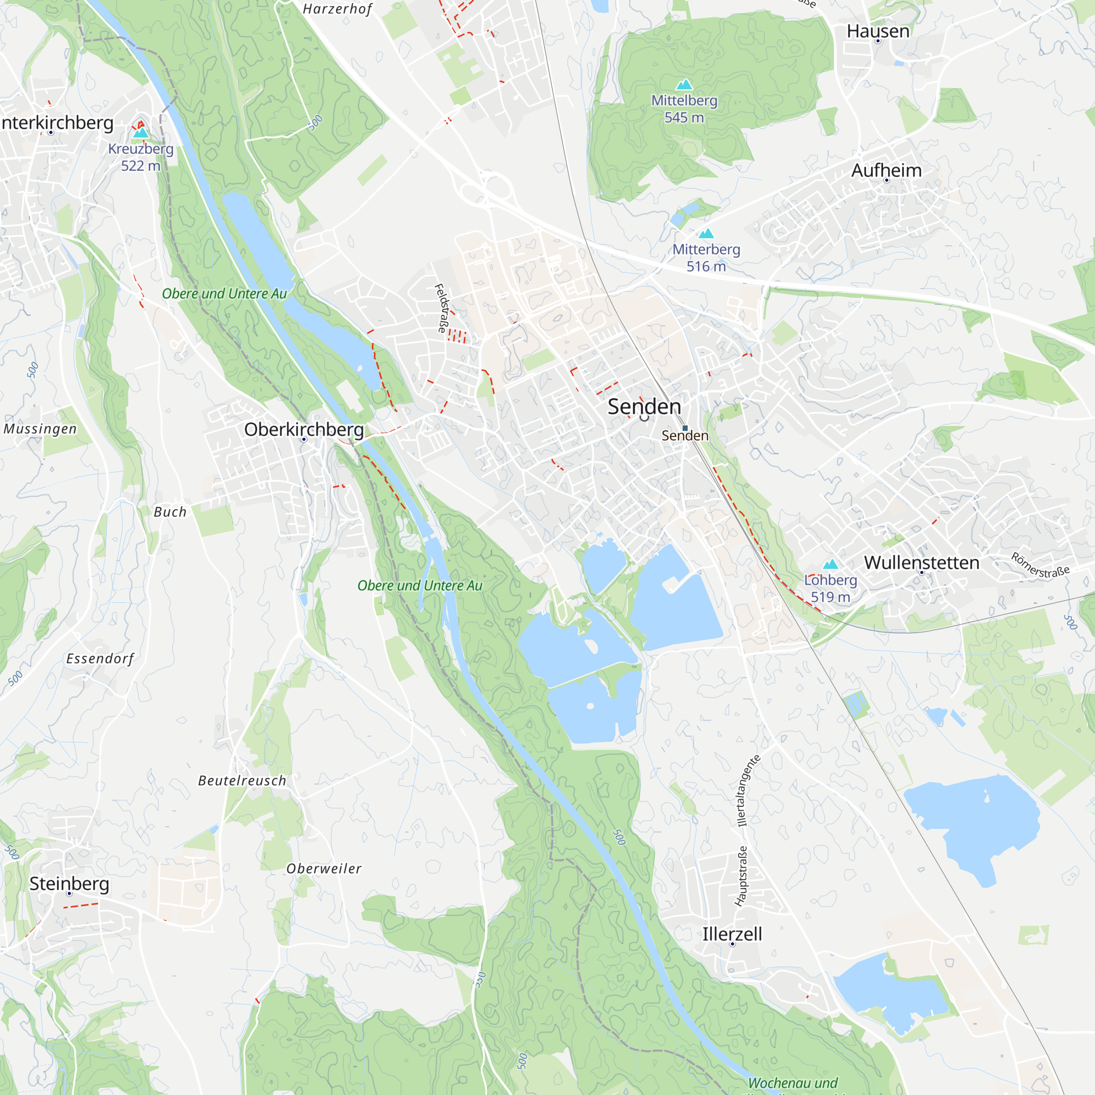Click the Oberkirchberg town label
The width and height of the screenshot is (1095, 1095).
(x=304, y=430)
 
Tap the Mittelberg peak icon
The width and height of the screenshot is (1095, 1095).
(x=684, y=84)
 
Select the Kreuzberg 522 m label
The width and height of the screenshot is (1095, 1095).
(x=141, y=157)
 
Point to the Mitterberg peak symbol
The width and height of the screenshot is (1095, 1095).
(x=706, y=234)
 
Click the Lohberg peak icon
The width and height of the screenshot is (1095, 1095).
(x=831, y=564)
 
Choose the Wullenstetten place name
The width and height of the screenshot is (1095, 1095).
(x=921, y=563)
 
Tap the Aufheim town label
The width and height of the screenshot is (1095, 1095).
(x=886, y=170)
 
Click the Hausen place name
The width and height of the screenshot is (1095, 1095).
(x=878, y=31)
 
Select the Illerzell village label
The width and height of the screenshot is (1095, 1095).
(x=732, y=933)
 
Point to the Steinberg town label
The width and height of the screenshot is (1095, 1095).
(x=69, y=883)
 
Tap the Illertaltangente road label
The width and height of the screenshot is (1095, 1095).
(x=748, y=790)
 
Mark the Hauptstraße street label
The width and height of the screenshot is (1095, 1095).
(x=741, y=876)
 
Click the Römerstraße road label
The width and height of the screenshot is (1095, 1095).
(x=1041, y=565)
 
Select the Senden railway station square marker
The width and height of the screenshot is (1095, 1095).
(x=685, y=428)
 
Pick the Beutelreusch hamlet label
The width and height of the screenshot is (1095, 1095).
(x=242, y=780)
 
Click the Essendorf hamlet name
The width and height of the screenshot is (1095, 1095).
(x=100, y=659)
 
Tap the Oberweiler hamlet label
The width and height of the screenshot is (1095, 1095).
(x=324, y=868)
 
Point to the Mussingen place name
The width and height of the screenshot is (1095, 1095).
(x=39, y=429)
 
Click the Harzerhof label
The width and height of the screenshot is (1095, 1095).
(x=338, y=9)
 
